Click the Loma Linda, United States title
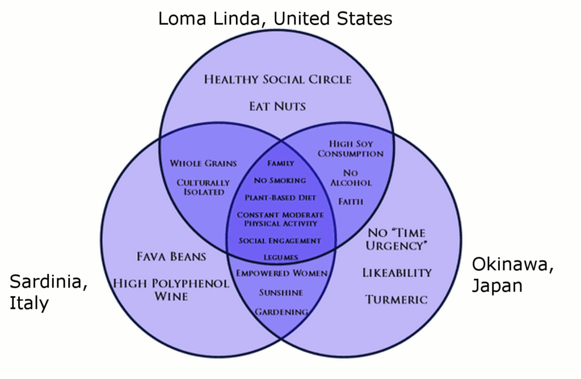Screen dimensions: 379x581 click(x=275, y=19)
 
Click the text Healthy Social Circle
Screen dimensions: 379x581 click(x=277, y=79)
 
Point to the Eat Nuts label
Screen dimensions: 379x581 click(x=277, y=106)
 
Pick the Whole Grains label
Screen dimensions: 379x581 click(x=203, y=163)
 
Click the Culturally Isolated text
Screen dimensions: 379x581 click(x=203, y=187)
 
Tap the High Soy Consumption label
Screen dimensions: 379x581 click(x=350, y=149)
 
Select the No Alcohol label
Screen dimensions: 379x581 click(x=351, y=177)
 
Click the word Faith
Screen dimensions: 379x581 click(x=351, y=201)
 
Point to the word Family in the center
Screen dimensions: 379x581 click(x=281, y=163)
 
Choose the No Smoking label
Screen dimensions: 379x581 click(x=280, y=180)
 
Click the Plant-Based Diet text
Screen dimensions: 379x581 click(x=280, y=198)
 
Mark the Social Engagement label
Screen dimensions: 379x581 click(x=280, y=241)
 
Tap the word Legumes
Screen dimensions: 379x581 click(x=280, y=258)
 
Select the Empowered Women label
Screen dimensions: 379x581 click(x=281, y=273)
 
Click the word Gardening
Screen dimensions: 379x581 click(x=281, y=312)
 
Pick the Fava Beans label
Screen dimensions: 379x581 click(x=171, y=256)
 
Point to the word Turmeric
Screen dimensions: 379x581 click(x=396, y=300)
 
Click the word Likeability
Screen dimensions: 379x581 click(x=397, y=273)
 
